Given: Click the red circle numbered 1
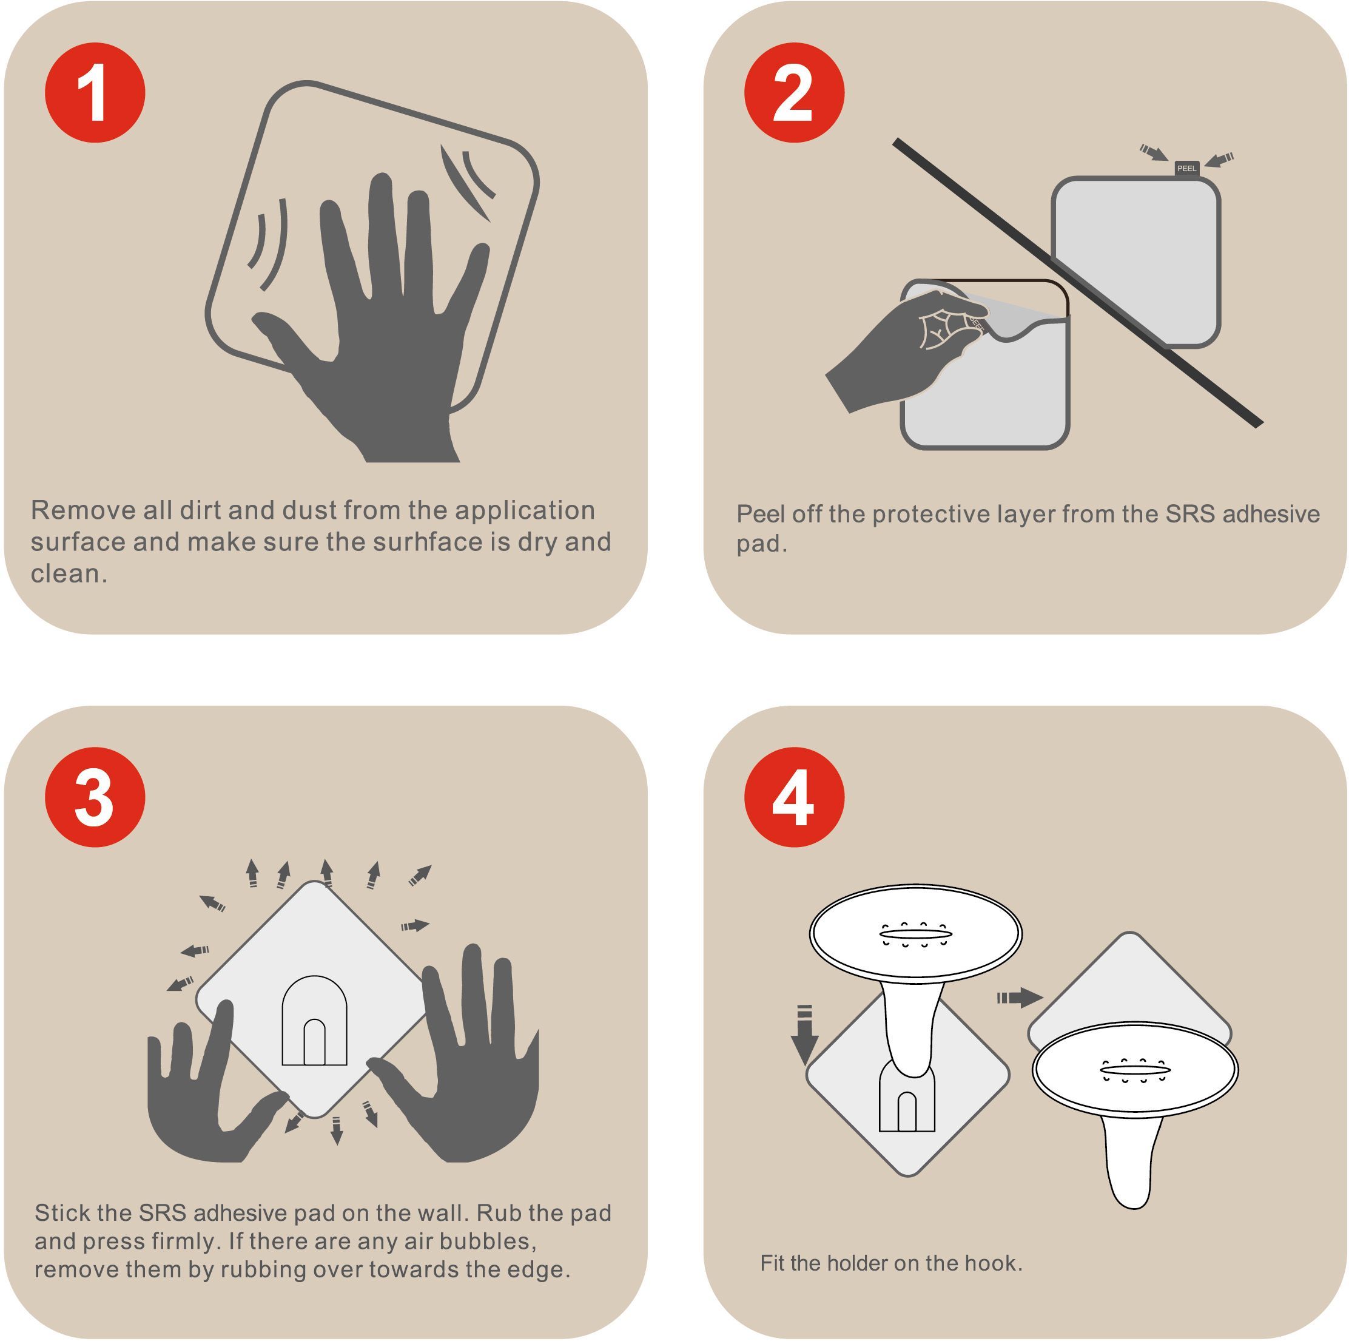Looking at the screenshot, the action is [95, 93].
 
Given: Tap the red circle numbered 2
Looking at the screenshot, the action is [794, 93].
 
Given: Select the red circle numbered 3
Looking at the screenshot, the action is [95, 797].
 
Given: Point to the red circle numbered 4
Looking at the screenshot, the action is [794, 797].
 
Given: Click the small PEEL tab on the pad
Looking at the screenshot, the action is [1186, 168].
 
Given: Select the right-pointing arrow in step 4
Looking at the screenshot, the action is [1020, 998].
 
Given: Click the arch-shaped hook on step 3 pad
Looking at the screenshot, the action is [314, 1020].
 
